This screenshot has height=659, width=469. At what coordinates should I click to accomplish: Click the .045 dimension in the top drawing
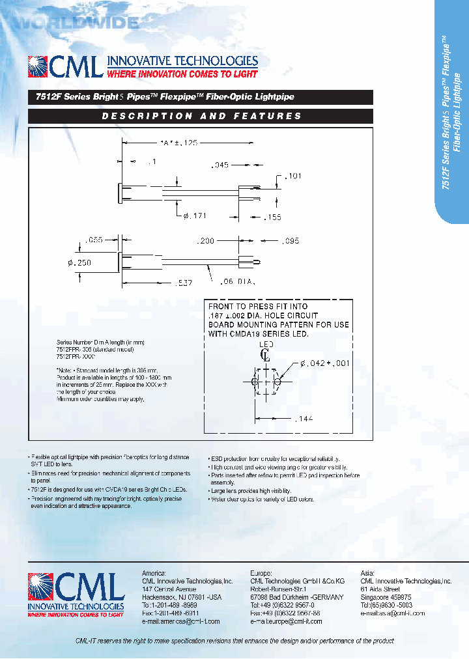coord(220,165)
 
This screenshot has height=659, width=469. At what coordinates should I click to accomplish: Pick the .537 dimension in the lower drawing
coord(185,283)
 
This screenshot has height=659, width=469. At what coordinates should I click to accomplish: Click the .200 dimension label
coord(206,241)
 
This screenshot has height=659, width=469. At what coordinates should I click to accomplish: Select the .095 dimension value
coord(290,241)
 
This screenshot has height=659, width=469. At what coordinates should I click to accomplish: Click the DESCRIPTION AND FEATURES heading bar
coord(201,116)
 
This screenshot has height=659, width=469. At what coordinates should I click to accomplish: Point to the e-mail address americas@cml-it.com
coord(180,621)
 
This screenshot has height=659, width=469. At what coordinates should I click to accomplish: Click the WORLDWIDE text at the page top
coord(75,23)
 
